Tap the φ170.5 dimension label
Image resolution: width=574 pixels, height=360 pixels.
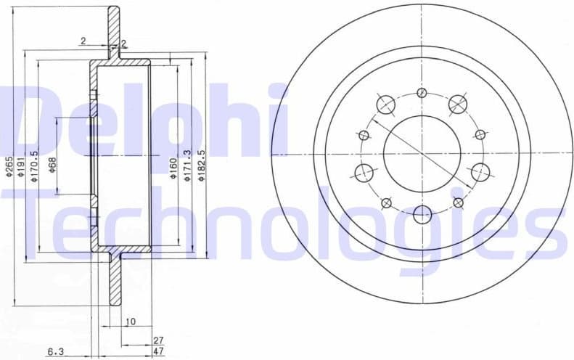35,169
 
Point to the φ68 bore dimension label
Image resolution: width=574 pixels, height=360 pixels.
52,167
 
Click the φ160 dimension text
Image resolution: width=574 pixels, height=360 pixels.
173,168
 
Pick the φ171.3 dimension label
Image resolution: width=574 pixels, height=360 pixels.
188,166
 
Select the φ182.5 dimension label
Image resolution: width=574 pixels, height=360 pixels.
202,166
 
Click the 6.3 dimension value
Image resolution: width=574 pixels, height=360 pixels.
56,352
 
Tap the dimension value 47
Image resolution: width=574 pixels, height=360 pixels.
159,351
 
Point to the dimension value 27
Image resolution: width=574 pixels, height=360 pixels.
159,339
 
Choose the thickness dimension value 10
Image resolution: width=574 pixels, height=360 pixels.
130,321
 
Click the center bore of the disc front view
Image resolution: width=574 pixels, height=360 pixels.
422,153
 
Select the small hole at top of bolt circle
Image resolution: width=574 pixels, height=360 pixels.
422,92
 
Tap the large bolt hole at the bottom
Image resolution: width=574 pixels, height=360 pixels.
422,213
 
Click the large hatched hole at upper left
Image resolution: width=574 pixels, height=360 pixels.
385,104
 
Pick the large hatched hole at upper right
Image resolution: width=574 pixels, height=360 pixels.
457,104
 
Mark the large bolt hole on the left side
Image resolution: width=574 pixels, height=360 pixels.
364,172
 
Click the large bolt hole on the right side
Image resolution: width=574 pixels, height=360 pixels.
480,172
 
